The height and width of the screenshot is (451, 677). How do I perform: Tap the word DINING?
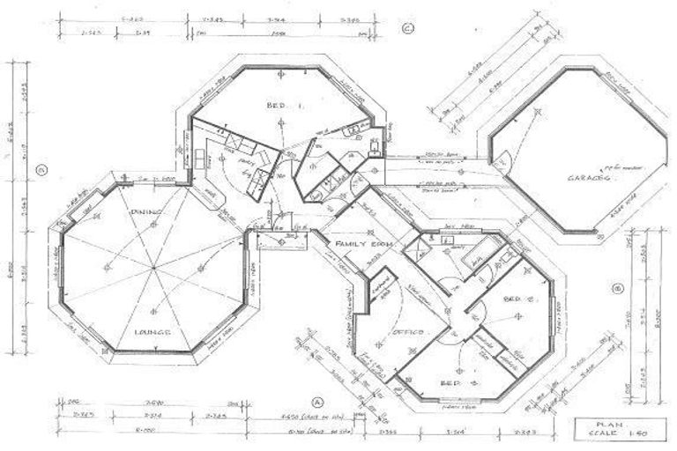144,212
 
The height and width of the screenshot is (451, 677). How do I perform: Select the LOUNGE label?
151,331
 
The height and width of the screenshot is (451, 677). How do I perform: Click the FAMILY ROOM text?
361,243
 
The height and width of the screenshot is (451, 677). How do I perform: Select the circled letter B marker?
617,286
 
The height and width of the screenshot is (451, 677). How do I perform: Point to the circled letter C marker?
407,29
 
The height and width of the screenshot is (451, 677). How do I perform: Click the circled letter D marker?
41,169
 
